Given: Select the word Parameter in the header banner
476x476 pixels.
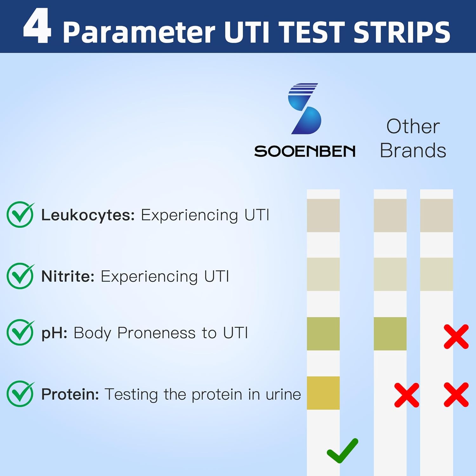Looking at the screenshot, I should coord(139,32).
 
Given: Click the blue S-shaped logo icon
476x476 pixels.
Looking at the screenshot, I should coord(305,109).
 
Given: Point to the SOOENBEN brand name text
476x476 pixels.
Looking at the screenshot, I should coord(305,151).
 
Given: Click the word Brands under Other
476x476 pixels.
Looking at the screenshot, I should coord(413,150).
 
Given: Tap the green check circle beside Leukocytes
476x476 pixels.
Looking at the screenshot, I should coord(20,215).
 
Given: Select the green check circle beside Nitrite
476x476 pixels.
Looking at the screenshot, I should coord(20,276).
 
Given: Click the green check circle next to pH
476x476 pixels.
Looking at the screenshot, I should coord(20,332).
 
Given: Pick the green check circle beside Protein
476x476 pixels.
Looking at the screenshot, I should coord(20,394).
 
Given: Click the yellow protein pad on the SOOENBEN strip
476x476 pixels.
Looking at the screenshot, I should coord(323,393).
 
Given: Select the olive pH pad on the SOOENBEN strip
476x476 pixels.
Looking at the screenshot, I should coord(323,334).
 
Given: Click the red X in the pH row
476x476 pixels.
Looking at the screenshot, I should coord(456,336).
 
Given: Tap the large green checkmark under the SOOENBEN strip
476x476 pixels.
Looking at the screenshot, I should coord(342,451).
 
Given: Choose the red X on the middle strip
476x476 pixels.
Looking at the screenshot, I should coord(407,395).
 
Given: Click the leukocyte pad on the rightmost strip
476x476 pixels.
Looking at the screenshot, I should coord(436,215).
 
